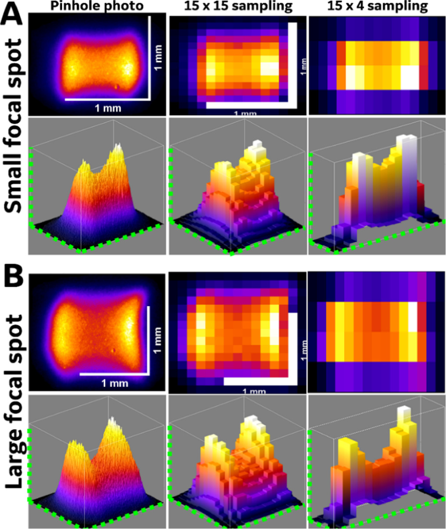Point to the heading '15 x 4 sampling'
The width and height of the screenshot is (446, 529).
378,6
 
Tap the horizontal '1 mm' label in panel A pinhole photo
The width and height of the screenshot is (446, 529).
108,108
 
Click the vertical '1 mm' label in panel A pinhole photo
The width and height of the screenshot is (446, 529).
158,58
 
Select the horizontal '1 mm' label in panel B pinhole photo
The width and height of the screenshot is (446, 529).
115,383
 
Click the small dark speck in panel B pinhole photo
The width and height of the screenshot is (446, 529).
114,350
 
